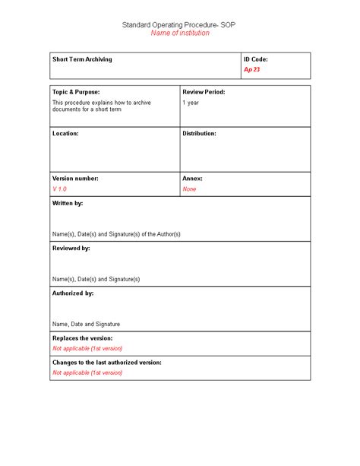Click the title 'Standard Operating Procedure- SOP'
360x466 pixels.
(x=179, y=25)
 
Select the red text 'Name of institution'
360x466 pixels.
(x=179, y=33)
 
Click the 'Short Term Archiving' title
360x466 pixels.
(x=82, y=59)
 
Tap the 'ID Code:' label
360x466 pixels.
(x=255, y=59)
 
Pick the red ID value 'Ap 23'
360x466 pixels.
(x=252, y=69)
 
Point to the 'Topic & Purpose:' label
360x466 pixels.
(x=76, y=91)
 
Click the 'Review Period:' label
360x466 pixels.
(x=204, y=91)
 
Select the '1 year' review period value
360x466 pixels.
(x=191, y=101)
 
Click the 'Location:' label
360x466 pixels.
(x=65, y=133)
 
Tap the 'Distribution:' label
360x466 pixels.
(x=199, y=133)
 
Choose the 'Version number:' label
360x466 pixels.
(x=75, y=178)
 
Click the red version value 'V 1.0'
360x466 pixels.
(x=60, y=189)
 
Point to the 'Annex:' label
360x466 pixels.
(x=192, y=178)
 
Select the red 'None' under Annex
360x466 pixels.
(x=189, y=189)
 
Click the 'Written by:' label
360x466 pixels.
(x=68, y=203)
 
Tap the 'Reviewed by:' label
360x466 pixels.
(x=71, y=248)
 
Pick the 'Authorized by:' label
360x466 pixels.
(x=73, y=293)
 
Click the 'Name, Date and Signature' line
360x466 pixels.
(x=86, y=324)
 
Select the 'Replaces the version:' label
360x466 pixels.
(x=82, y=338)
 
